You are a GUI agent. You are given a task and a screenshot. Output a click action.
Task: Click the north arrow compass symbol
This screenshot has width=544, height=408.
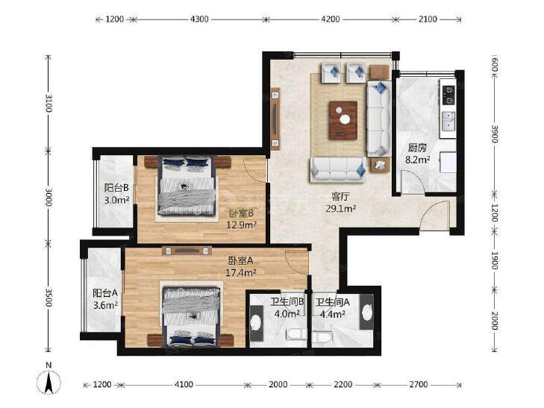point(49,381)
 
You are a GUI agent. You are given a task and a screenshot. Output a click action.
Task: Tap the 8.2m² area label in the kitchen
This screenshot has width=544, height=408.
point(418,160)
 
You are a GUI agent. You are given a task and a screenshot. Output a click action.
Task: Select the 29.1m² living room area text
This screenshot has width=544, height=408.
point(341,208)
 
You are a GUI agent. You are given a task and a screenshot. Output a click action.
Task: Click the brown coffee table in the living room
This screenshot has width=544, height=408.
point(343,120)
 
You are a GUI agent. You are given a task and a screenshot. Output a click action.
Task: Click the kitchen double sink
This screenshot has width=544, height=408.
point(448,120)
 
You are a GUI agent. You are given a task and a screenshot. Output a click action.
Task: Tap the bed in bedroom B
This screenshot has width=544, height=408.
point(186,185)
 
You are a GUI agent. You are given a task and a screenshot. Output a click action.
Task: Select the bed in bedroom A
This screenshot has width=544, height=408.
point(191,316)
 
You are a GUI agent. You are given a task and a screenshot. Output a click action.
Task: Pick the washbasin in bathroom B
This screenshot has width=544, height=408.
point(256,323)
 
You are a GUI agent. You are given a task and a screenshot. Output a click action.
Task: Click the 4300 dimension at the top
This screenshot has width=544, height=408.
point(199,19)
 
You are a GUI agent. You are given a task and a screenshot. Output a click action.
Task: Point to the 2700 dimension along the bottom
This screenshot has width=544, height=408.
point(419,384)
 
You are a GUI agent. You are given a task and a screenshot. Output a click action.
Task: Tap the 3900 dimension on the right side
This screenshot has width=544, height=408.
point(495,134)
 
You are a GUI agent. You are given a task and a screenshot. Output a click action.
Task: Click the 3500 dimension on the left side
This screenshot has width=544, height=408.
point(49,297)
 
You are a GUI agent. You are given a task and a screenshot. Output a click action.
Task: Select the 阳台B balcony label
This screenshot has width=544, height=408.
point(116,188)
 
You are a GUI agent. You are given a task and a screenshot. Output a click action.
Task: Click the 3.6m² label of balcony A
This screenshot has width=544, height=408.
point(105,305)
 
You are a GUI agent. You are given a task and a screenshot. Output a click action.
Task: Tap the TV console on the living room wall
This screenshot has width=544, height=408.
point(275,119)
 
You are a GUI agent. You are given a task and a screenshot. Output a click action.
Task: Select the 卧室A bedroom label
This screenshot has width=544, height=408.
point(240,260)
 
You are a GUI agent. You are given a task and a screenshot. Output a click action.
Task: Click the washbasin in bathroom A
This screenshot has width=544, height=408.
point(366,312)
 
